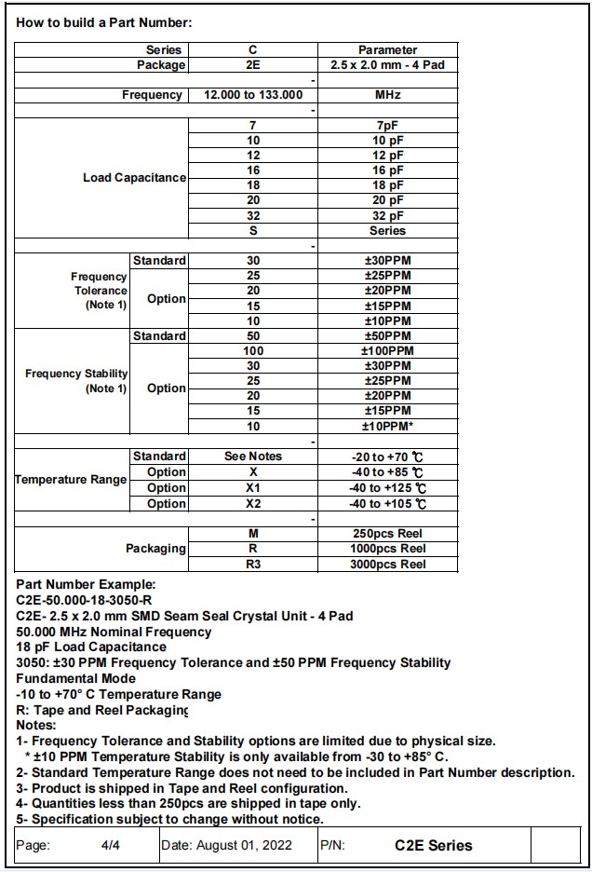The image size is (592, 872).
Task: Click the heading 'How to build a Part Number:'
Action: point(103,22)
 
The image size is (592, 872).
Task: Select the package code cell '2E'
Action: point(252,65)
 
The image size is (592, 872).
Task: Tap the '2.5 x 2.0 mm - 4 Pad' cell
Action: point(387,65)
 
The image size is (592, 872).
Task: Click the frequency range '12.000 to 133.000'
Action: point(252,95)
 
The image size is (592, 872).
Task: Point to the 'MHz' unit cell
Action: point(387,95)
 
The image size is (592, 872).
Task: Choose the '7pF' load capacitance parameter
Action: point(387,126)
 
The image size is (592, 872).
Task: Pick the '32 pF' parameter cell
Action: point(387,215)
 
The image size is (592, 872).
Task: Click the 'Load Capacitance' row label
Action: point(134,178)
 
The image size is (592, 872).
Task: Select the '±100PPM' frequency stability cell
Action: point(387,351)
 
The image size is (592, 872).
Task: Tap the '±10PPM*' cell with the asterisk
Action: point(387,426)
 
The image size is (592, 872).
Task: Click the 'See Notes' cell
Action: point(252,456)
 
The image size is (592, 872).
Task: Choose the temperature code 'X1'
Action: point(252,488)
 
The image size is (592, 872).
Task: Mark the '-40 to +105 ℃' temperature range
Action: point(387,504)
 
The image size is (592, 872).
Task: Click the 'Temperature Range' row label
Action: point(71,480)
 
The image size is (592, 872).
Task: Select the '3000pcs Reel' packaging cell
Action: point(387,565)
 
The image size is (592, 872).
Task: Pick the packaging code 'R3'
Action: point(252,565)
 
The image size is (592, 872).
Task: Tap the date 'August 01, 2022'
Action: point(246,846)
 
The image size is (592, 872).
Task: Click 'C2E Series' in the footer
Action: point(433,846)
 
